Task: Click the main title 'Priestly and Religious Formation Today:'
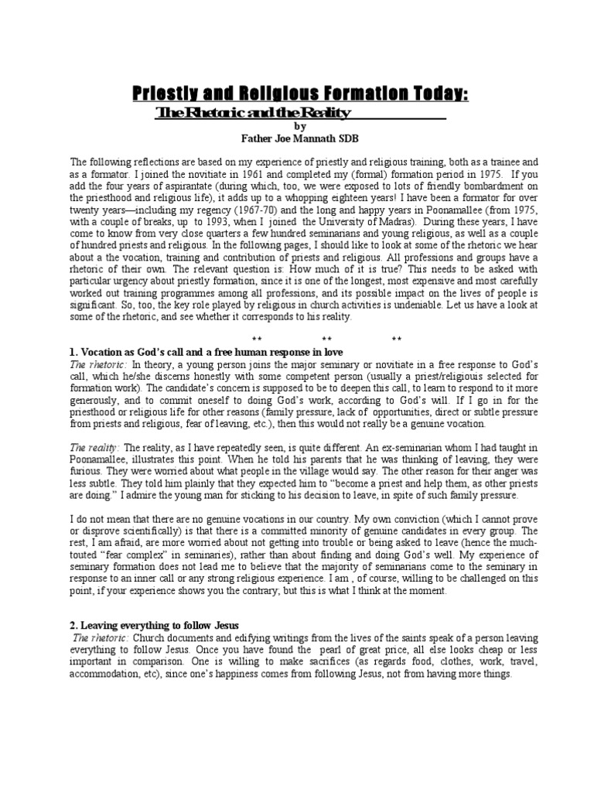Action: pos(298,94)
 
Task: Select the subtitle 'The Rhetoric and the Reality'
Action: pos(254,113)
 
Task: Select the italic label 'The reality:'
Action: pos(95,448)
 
